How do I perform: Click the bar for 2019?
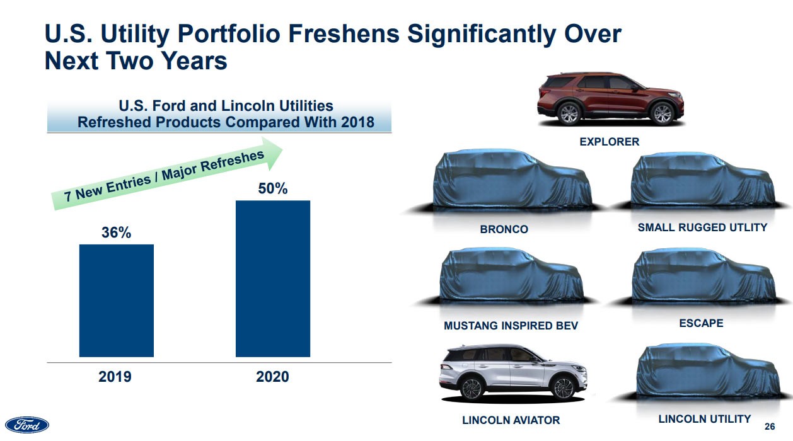coord(116,301)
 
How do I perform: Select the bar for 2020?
coord(272,278)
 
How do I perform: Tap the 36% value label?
coord(117,232)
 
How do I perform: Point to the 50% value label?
coord(273,188)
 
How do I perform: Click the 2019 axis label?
coord(115,377)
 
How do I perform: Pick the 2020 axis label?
coord(272,377)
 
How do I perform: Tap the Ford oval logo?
coord(27,425)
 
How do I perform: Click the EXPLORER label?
coord(609,142)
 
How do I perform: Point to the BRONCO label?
coord(504,229)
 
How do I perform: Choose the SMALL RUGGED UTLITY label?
coord(701,227)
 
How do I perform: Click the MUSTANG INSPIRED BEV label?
coord(511,326)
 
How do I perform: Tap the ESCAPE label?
coord(701,323)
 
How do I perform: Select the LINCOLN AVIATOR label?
coord(511,420)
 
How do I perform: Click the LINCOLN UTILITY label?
coord(704,418)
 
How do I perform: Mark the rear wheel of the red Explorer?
coord(569,113)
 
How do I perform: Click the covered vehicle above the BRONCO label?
coord(512,182)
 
